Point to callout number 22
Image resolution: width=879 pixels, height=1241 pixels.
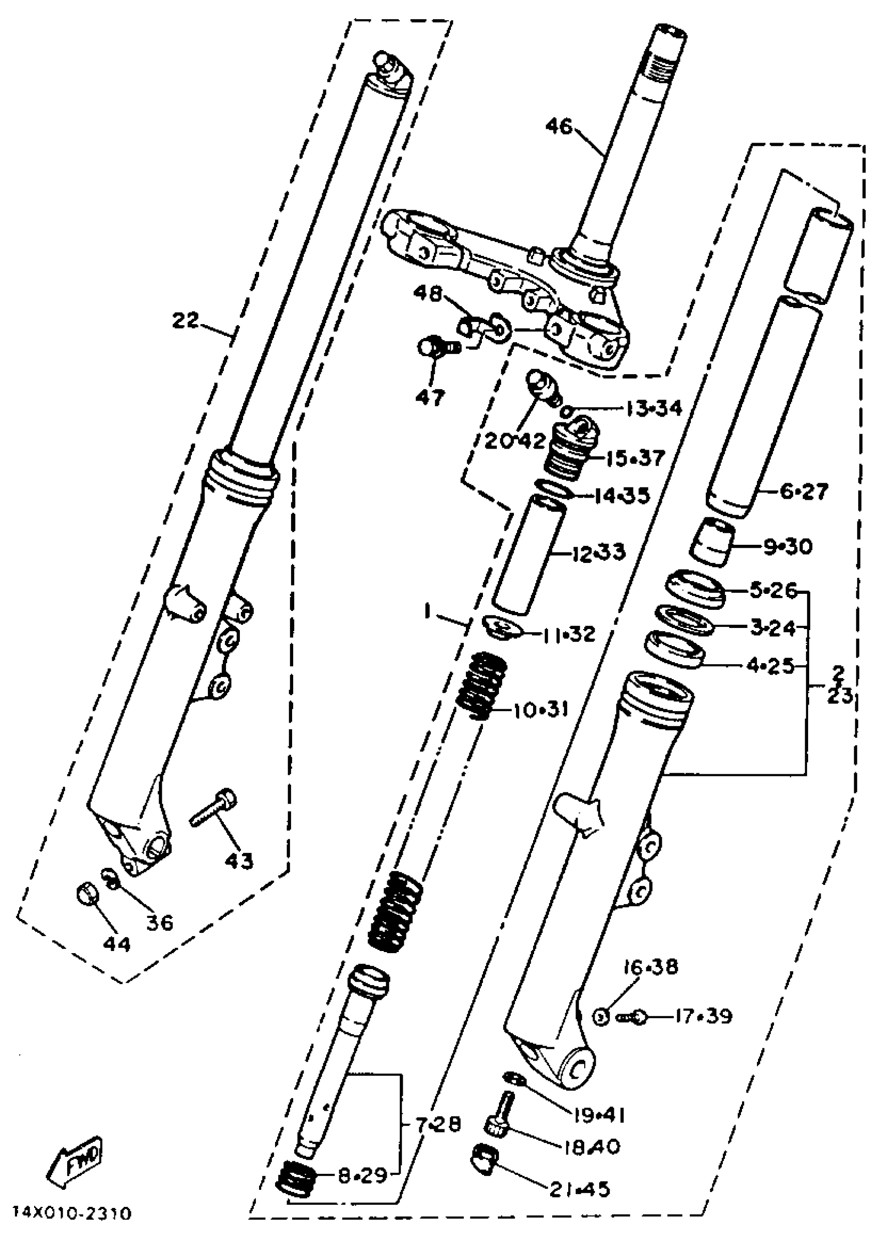pos(186,320)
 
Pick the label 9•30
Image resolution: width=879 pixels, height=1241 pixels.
pos(787,547)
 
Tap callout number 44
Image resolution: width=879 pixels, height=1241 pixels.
pos(117,944)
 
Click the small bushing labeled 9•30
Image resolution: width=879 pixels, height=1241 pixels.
pos(711,542)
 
